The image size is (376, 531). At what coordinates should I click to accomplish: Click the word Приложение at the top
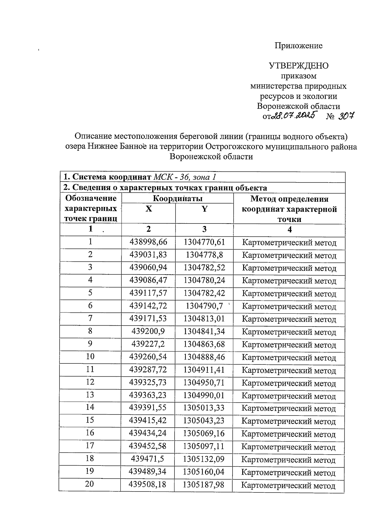point(298,46)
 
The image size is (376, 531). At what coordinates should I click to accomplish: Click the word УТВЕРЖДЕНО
point(298,66)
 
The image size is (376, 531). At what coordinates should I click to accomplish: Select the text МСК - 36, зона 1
point(185,177)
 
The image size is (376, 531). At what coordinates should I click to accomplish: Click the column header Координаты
point(177,198)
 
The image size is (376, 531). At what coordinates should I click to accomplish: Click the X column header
point(149,209)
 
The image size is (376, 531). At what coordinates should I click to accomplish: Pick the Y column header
point(204,209)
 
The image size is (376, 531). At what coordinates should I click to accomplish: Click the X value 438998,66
point(149,242)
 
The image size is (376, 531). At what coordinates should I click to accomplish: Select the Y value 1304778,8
point(204,255)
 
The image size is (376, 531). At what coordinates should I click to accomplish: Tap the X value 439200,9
point(148,331)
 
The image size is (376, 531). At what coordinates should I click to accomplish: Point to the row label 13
point(90,395)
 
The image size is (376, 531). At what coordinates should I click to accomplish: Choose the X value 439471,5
point(148,459)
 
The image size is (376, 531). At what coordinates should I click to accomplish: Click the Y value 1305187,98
point(204,485)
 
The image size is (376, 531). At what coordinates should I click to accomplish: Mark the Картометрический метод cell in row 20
point(289,486)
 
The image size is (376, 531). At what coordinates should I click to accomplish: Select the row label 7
point(90,318)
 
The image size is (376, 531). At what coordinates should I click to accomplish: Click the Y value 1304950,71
point(204,383)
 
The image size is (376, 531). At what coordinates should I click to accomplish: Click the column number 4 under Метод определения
point(290,229)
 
